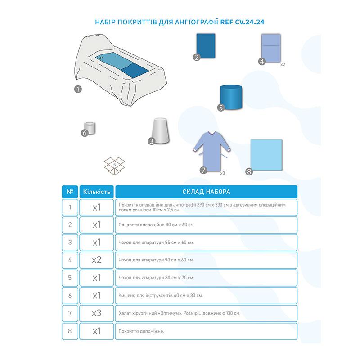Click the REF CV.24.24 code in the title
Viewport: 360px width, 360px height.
(242, 22)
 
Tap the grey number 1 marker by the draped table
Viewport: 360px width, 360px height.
(78, 89)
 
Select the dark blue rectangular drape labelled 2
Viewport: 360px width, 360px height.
(206, 46)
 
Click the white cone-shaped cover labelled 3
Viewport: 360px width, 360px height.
(161, 130)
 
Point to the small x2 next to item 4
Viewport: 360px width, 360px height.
(283, 64)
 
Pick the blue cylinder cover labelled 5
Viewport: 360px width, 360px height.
(231, 97)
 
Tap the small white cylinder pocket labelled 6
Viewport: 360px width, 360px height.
(90, 128)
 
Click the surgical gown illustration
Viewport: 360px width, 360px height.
(211, 151)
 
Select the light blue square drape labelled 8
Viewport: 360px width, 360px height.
(266, 155)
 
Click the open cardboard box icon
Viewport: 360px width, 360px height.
(114, 166)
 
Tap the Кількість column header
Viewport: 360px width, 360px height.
(97, 192)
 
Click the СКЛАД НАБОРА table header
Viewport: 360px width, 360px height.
(206, 192)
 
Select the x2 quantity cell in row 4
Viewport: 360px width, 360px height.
(97, 260)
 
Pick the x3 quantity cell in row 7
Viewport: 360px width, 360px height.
(97, 313)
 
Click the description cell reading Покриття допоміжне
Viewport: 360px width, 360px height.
(206, 331)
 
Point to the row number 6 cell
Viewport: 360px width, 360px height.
(70, 296)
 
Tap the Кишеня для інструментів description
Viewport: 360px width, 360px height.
(161, 296)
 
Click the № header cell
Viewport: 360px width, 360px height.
(70, 192)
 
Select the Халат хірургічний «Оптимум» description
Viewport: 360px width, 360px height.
(179, 313)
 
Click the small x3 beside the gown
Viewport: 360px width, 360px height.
(222, 173)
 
